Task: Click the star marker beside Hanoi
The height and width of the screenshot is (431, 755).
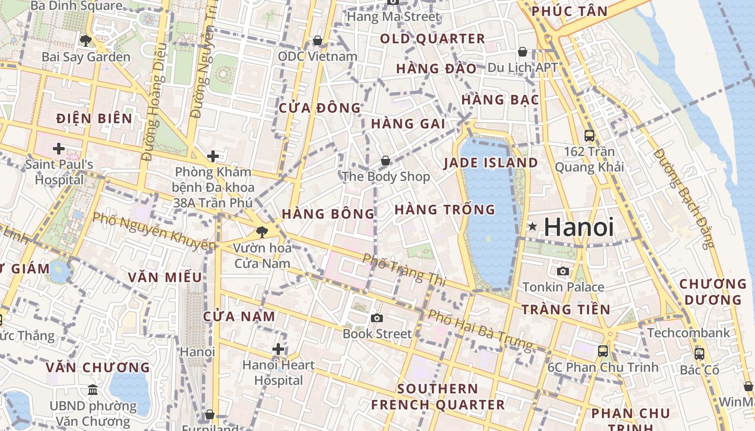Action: [x=532, y=227]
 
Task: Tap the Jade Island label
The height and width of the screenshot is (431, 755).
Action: [x=490, y=163]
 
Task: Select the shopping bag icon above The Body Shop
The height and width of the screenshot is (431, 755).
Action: [x=385, y=161]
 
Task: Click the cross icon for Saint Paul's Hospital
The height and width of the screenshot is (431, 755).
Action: [x=59, y=148]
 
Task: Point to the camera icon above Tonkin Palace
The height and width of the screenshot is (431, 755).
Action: [x=563, y=271]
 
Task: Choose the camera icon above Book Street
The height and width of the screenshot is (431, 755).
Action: [x=377, y=318]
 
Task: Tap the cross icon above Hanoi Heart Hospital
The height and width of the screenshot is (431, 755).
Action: [x=278, y=349]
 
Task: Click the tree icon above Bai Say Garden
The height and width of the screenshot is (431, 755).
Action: [x=85, y=40]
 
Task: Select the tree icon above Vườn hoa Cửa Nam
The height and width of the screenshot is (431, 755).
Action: [x=262, y=232]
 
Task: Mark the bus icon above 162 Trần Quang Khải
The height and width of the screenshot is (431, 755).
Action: [x=589, y=136]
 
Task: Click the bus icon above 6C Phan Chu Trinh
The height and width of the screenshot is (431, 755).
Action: [x=603, y=351]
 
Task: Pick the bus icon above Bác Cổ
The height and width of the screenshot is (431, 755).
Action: [x=699, y=354]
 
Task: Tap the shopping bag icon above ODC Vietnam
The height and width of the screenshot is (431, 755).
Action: [x=318, y=40]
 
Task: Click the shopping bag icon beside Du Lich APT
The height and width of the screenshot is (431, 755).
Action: [x=522, y=52]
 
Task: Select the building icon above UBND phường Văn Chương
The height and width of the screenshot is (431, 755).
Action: [x=93, y=390]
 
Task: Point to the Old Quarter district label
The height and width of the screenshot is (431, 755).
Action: [x=433, y=39]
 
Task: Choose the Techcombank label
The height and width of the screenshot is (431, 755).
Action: [x=689, y=333]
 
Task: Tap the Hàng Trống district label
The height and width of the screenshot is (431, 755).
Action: [x=444, y=210]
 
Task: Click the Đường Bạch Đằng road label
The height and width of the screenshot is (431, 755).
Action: [x=683, y=198]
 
